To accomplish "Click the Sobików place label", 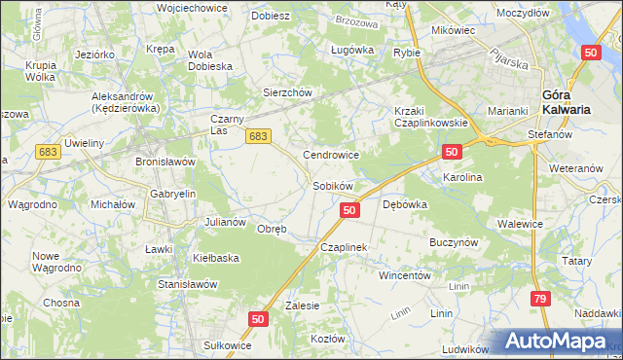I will (x=331, y=185).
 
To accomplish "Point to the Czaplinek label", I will (x=343, y=247).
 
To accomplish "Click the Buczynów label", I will (x=452, y=239).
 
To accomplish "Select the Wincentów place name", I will (x=404, y=275).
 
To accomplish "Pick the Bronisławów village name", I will (x=165, y=161).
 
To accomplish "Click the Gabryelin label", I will (x=172, y=194).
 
